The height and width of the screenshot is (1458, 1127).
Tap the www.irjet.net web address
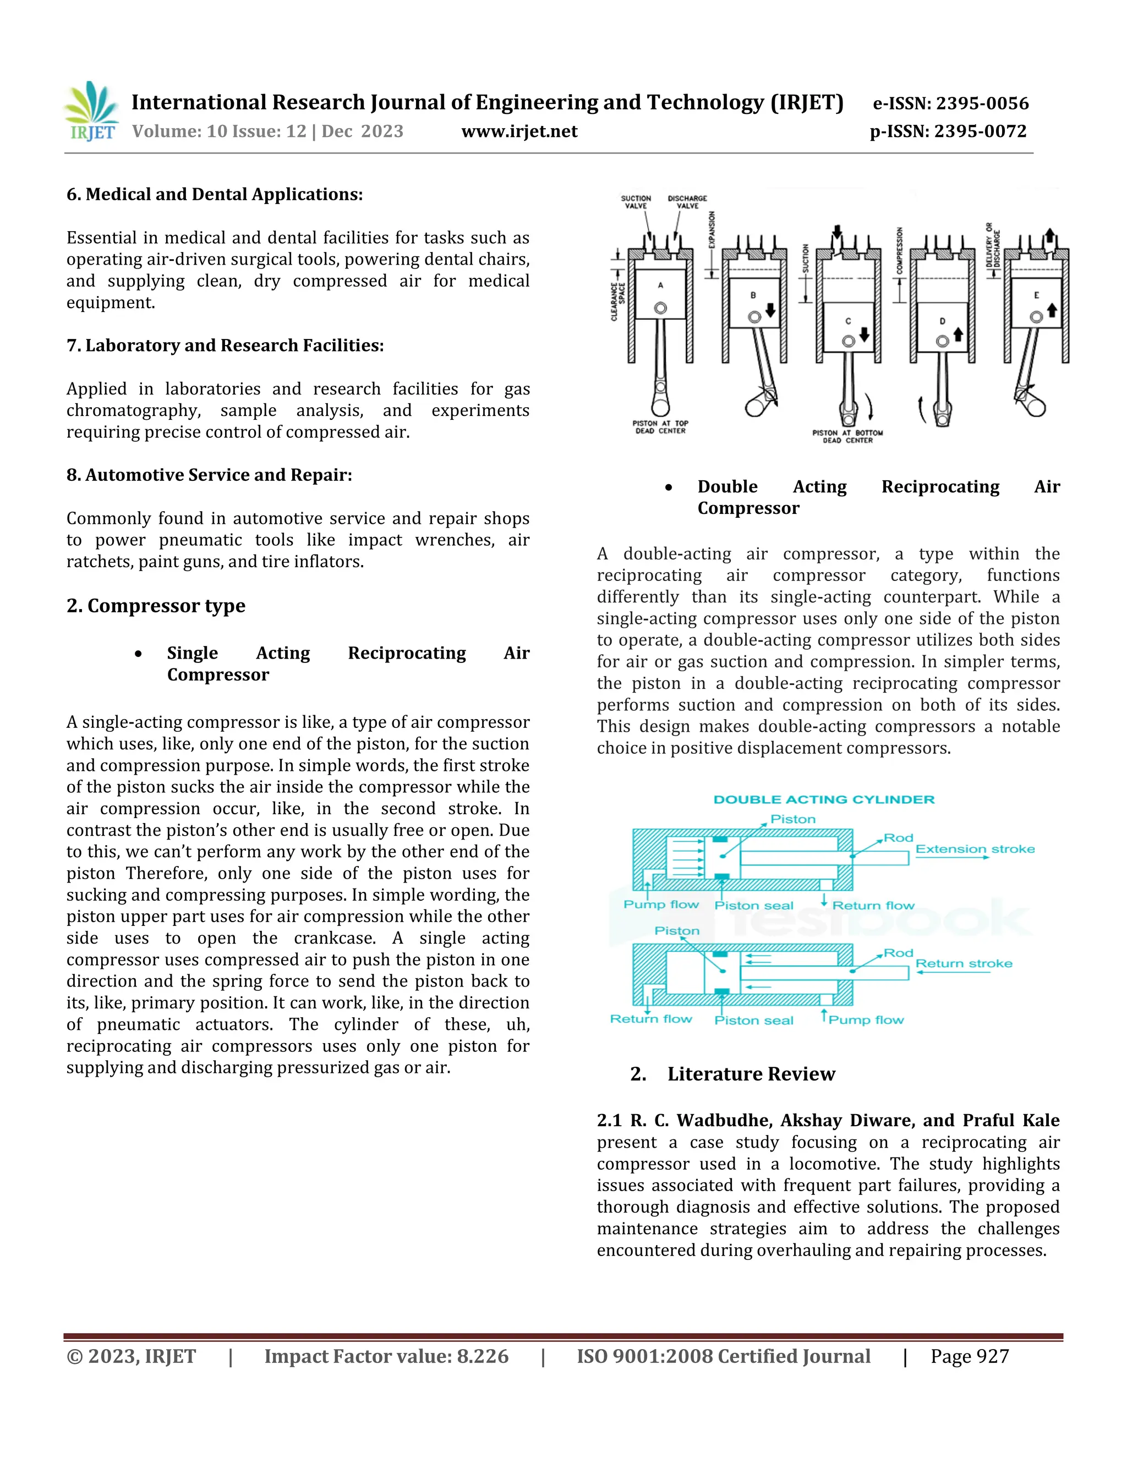click(519, 131)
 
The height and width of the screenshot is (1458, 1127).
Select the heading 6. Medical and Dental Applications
click(214, 194)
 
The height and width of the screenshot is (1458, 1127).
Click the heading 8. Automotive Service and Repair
click(209, 475)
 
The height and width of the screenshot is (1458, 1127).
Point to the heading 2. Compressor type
click(156, 606)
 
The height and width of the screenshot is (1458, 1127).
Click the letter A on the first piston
click(660, 285)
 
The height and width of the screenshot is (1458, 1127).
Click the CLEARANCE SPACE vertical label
click(617, 302)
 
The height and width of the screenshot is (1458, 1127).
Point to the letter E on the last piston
click(1036, 295)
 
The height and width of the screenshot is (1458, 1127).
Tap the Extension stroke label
click(975, 849)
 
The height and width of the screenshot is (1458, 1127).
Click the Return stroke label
click(964, 963)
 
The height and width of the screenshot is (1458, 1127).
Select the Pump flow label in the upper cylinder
click(661, 905)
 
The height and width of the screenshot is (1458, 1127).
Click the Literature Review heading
click(751, 1074)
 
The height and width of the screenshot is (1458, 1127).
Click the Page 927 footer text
click(970, 1357)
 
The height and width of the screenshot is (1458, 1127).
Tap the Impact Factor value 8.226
click(386, 1357)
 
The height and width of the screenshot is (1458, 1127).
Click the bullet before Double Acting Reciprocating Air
click(668, 488)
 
